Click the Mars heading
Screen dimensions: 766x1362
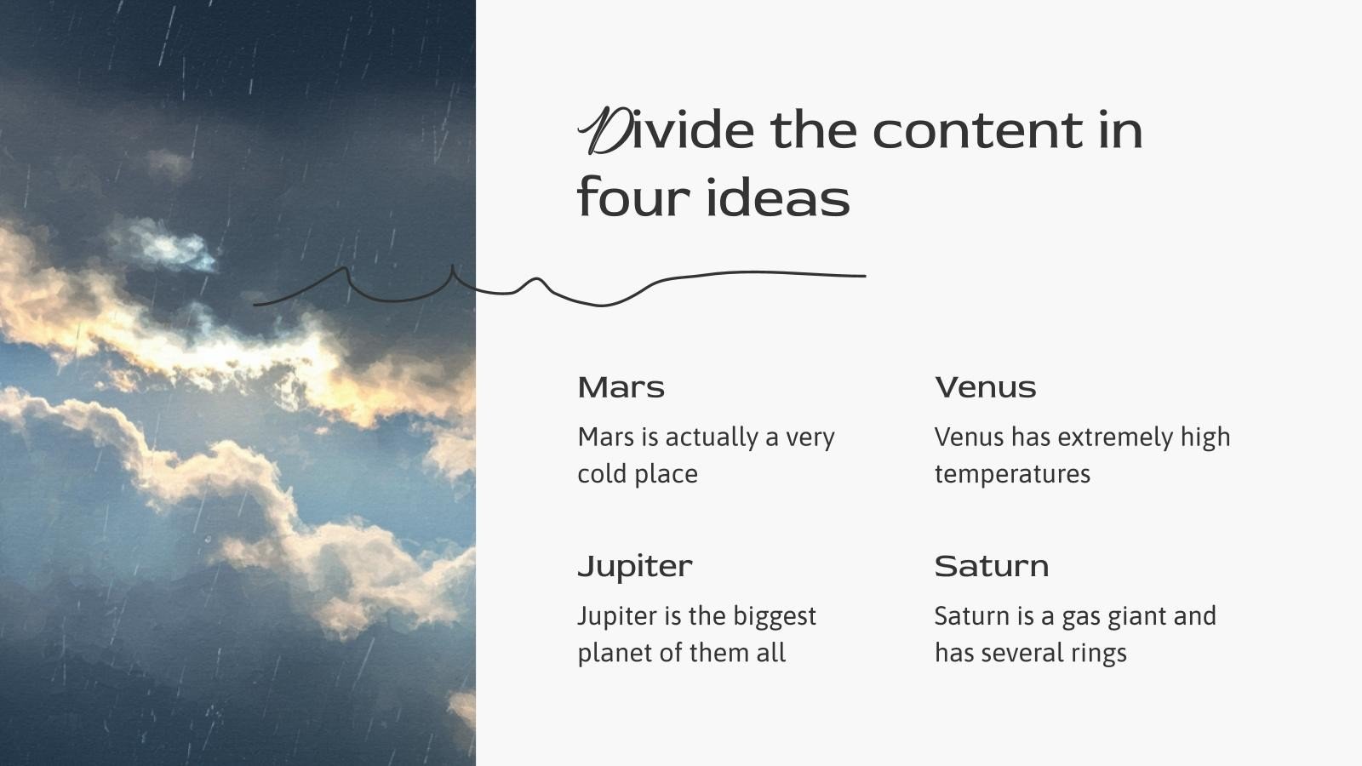click(x=621, y=388)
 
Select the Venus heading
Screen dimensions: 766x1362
click(x=985, y=388)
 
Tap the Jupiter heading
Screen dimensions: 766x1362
click(x=634, y=567)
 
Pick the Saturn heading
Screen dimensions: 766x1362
click(x=991, y=567)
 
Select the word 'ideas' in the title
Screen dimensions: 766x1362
click(x=778, y=199)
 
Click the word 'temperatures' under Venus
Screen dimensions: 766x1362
click(x=1012, y=474)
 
